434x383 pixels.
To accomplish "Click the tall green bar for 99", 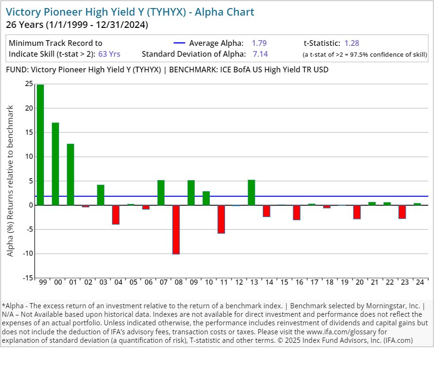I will tap(40, 145).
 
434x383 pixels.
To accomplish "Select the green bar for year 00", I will tap(55, 164).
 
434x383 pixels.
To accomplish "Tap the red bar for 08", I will tap(176, 229).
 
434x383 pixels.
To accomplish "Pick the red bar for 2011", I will tap(221, 219).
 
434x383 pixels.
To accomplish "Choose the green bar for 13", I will tap(252, 192).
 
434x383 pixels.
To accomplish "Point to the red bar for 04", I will tap(116, 214).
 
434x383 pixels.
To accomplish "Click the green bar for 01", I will tap(70, 174).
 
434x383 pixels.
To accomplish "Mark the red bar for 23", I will tap(402, 211).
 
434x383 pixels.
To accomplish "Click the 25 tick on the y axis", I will tap(29, 84).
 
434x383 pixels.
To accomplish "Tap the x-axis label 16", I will tap(297, 282).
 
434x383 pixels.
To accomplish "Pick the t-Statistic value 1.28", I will tap(352, 43).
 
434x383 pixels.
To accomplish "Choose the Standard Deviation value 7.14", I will tap(260, 54).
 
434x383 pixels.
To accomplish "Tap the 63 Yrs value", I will tap(109, 54).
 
